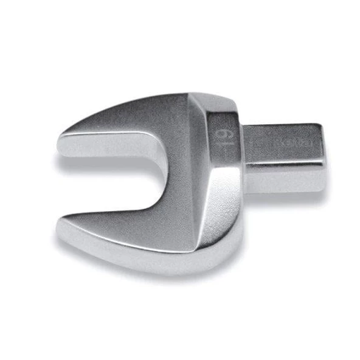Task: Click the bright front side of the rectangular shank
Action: pos(283,176)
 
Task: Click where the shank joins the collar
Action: pos(244,155)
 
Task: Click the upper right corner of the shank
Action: pos(320,126)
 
